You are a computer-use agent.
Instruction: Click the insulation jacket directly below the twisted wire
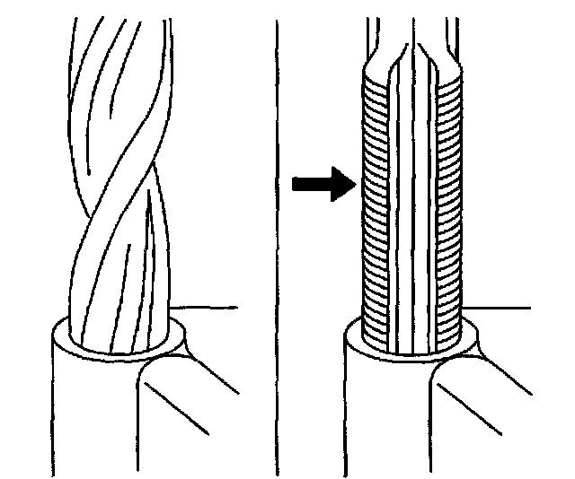90,413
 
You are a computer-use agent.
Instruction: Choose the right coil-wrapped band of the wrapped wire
449,206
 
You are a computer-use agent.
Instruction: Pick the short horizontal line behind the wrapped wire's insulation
508,309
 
